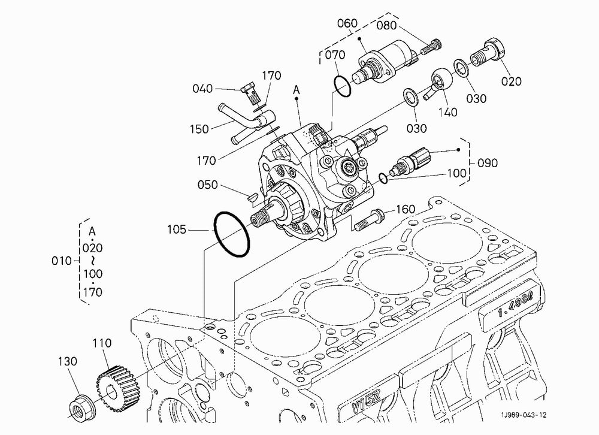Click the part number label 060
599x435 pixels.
click(x=347, y=23)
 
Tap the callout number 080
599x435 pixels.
click(x=386, y=26)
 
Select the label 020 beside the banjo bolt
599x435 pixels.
click(x=511, y=81)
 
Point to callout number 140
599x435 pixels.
click(x=447, y=112)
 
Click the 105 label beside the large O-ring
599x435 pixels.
click(x=177, y=229)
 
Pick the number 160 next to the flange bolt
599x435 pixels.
click(x=405, y=209)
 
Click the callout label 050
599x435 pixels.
click(x=207, y=185)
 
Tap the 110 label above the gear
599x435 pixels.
click(x=102, y=343)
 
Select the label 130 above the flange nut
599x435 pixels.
click(x=68, y=361)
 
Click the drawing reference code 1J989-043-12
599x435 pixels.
click(x=524, y=415)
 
